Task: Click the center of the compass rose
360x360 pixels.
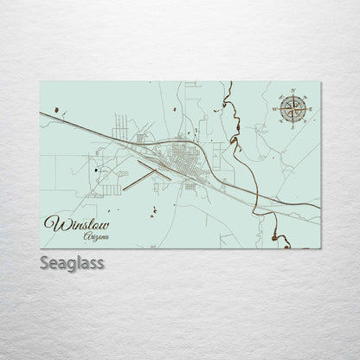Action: pyautogui.click(x=292, y=110)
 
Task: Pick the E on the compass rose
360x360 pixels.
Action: pyautogui.click(x=310, y=110)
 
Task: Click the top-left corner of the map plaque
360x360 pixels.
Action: pyautogui.click(x=42, y=79)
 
